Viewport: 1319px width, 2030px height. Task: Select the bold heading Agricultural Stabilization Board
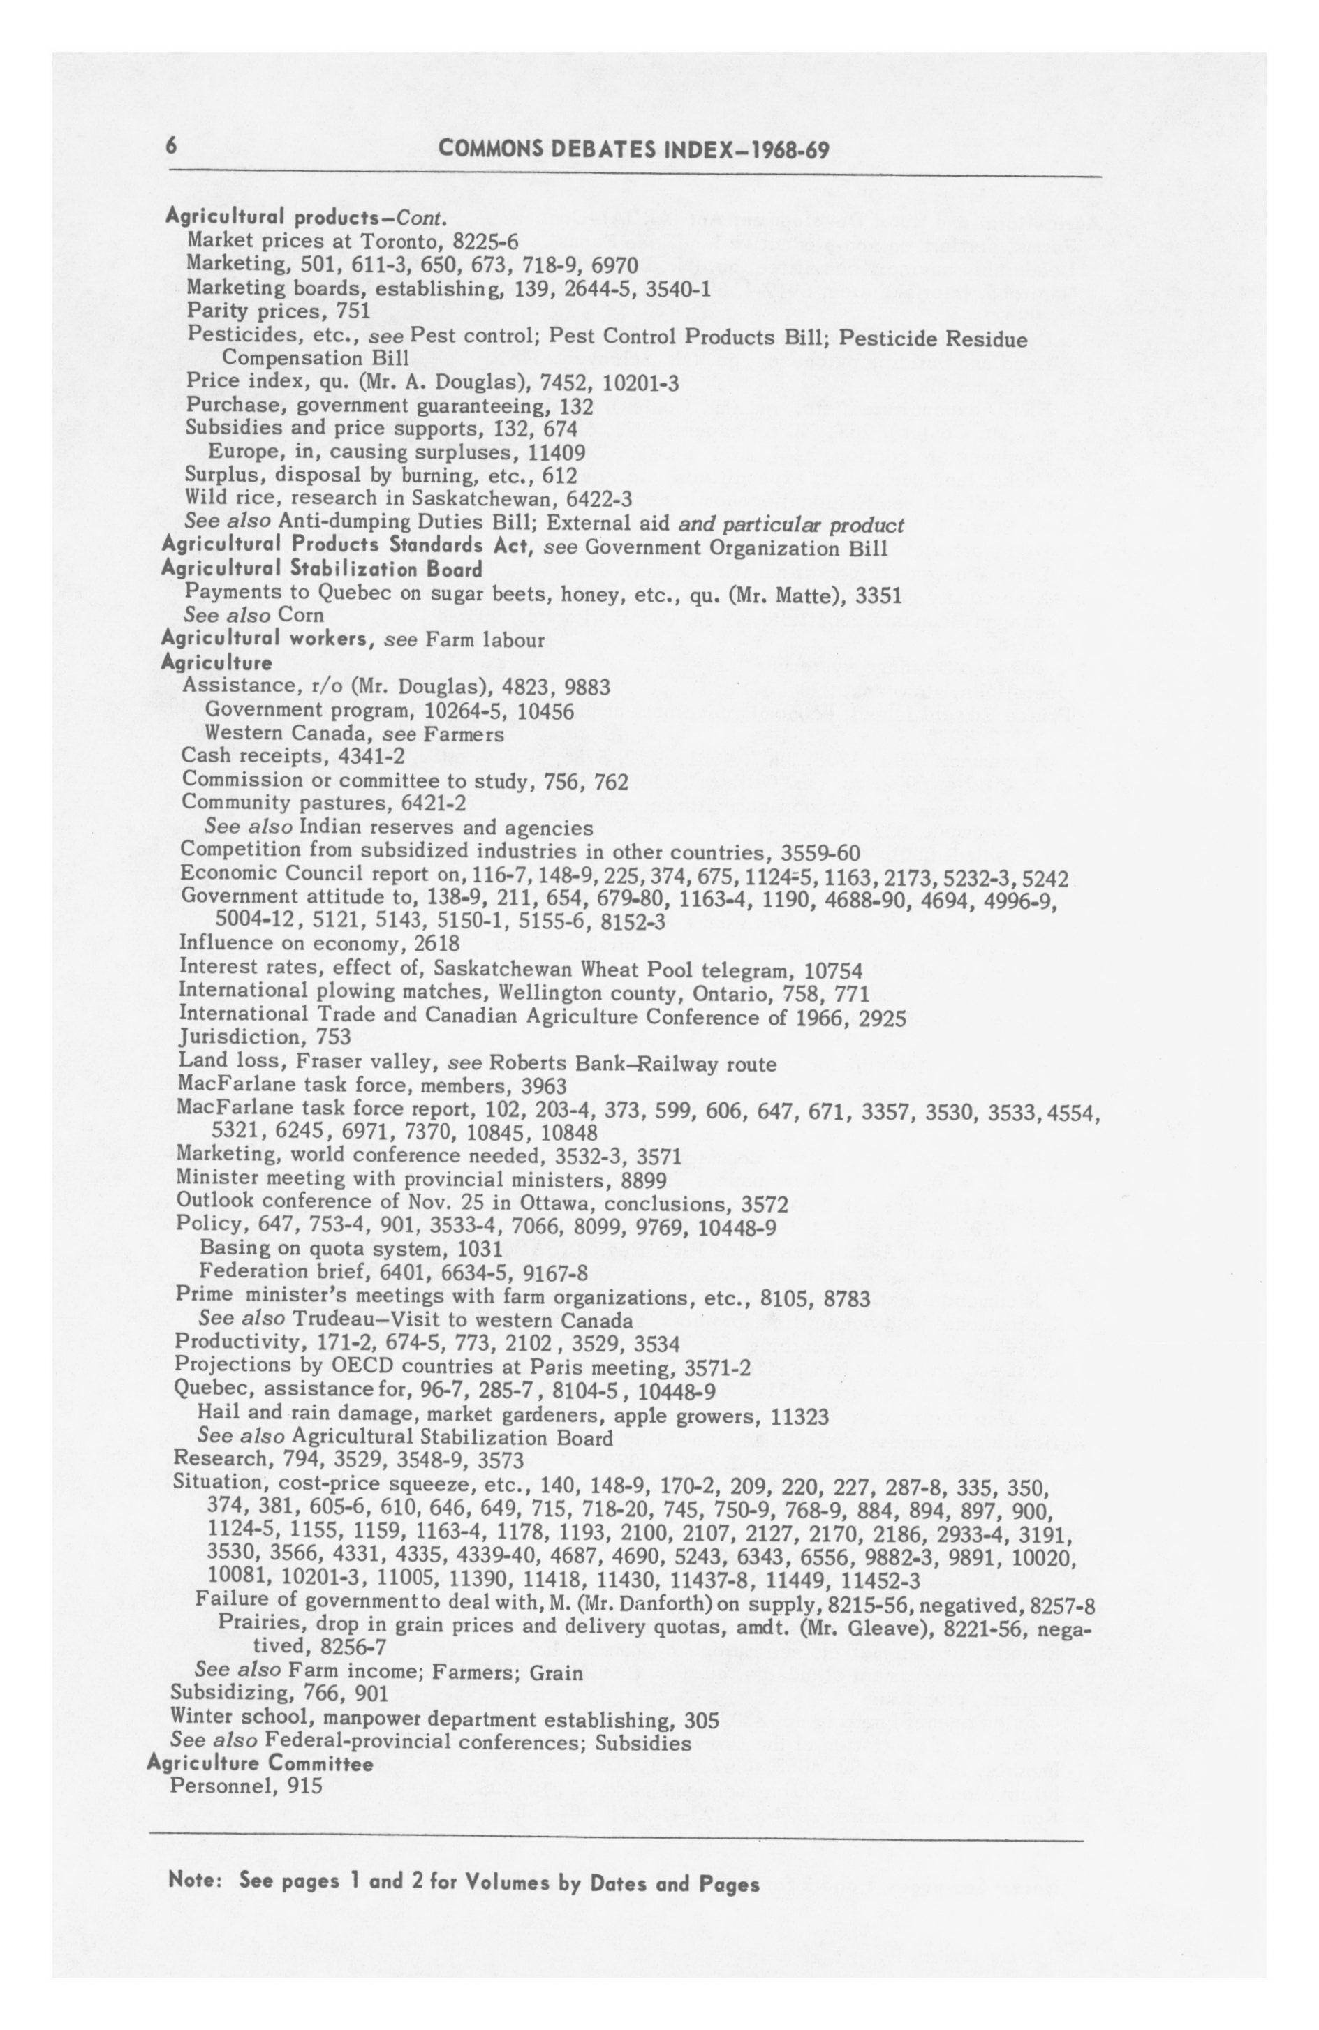[x=322, y=569]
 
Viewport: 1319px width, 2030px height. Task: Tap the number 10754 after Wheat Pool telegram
[x=833, y=970]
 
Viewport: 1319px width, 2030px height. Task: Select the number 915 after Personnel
[x=304, y=1784]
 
